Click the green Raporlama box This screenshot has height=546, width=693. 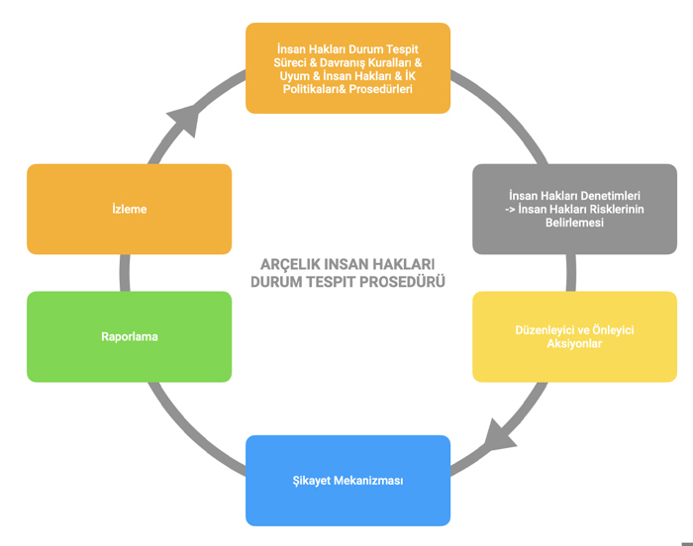tap(129, 336)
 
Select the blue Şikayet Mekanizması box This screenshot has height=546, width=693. tap(347, 481)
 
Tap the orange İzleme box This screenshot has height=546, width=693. tap(129, 209)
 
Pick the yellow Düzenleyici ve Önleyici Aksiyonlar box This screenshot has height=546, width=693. tap(574, 336)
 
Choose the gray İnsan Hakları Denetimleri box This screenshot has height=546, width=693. tap(574, 209)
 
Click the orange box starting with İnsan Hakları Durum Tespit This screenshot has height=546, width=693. tap(347, 68)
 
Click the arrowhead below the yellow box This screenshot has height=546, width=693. tap(499, 436)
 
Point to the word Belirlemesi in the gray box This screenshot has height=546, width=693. tap(574, 223)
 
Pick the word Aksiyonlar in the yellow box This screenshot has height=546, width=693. tap(574, 343)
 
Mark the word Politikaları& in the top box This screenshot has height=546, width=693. tap(314, 89)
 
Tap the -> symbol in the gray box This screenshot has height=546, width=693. tap(510, 210)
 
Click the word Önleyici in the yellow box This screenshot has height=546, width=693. tap(613, 330)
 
